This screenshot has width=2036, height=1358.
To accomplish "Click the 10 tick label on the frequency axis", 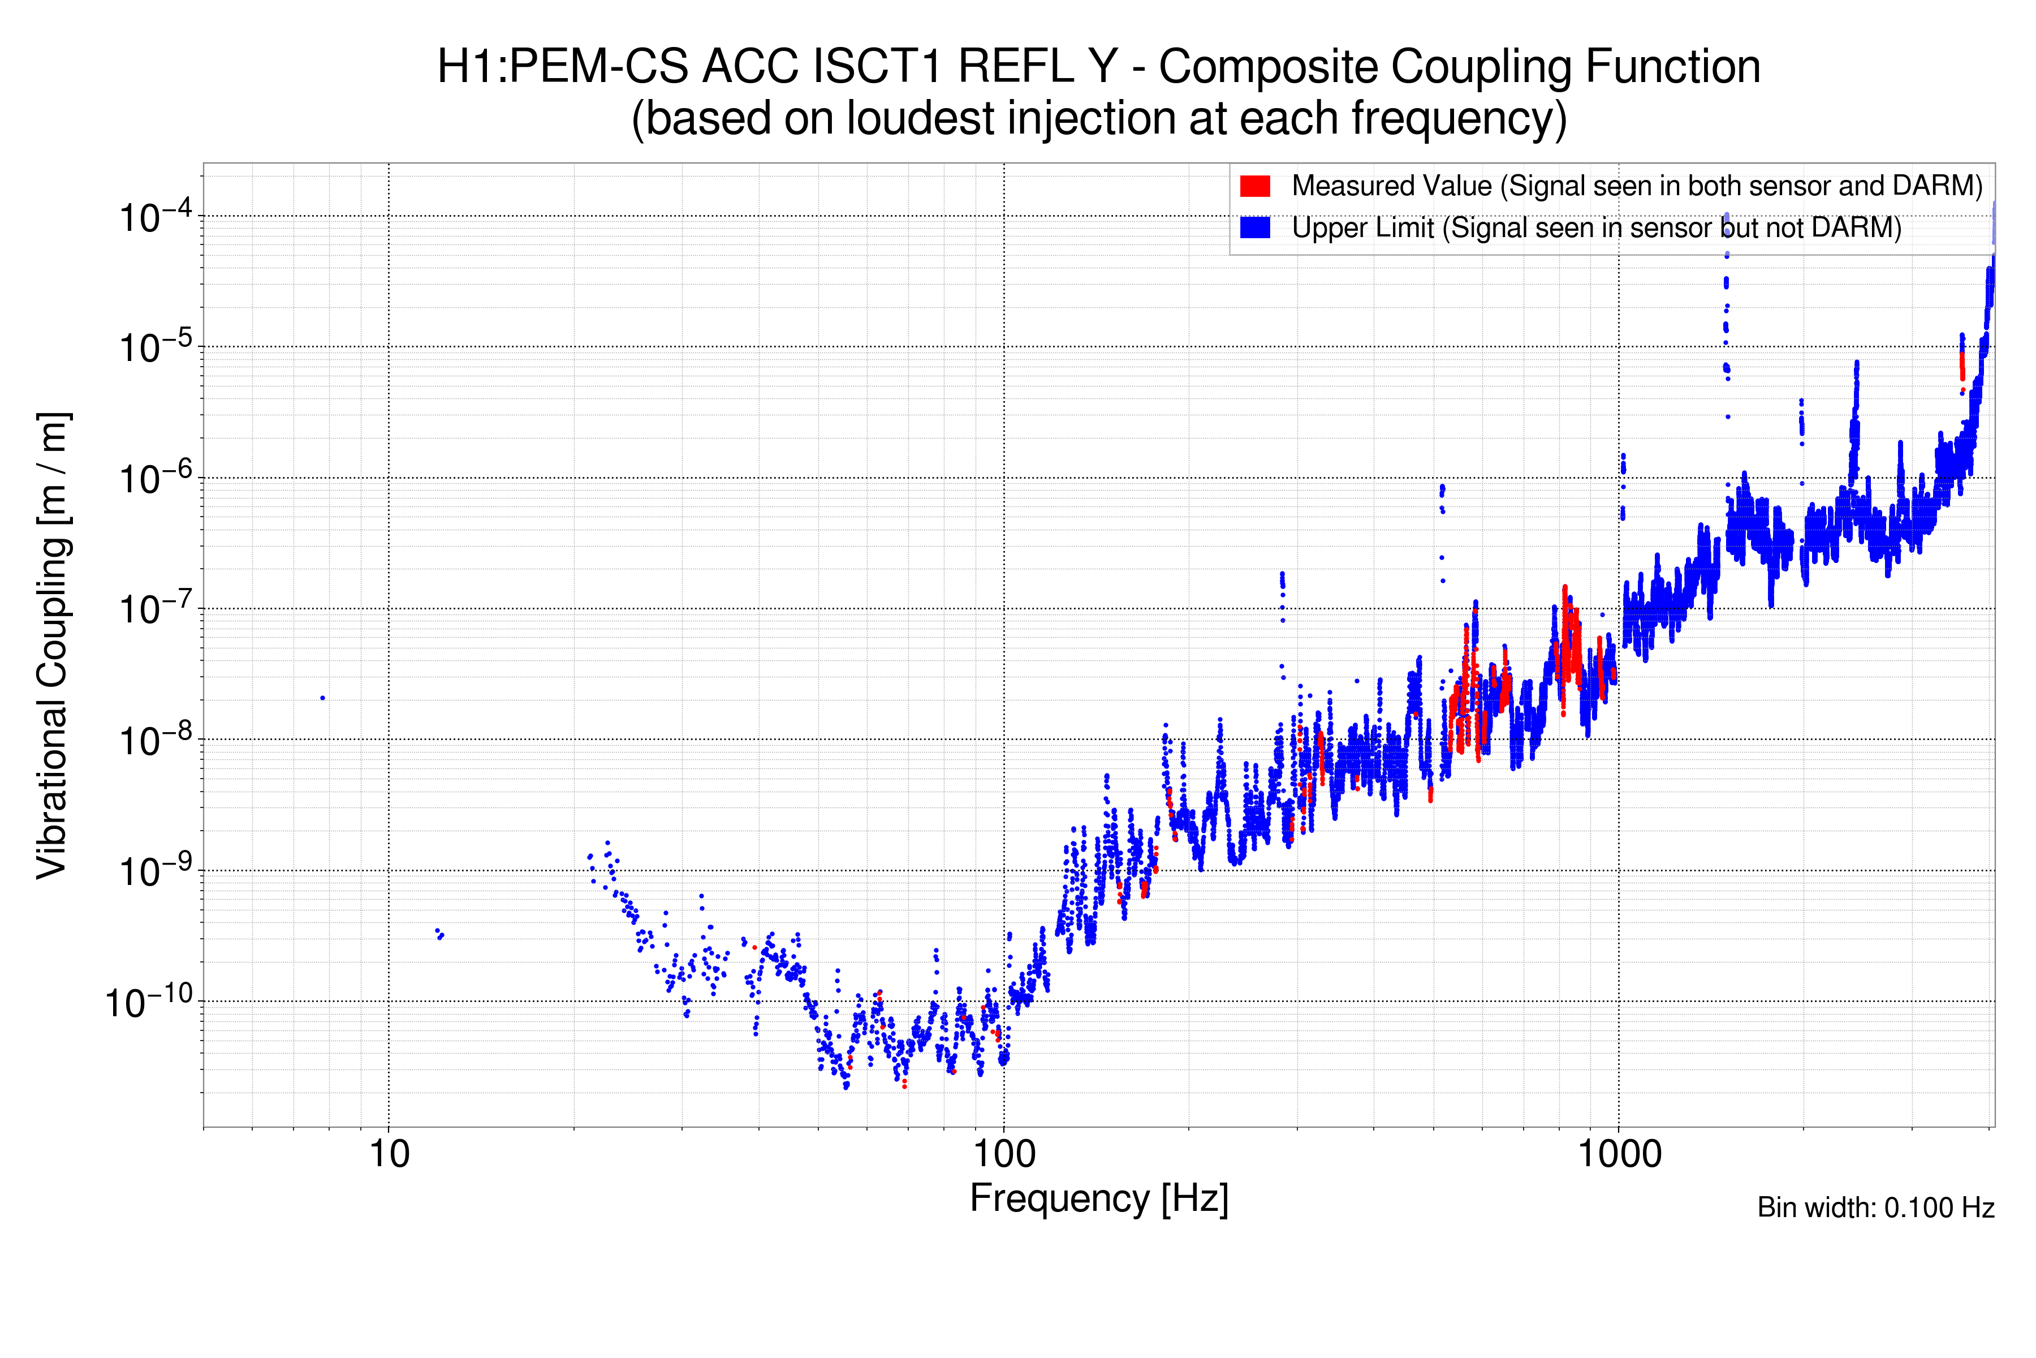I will pos(389,1154).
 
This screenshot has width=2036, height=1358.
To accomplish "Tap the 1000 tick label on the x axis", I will pos(1618,1154).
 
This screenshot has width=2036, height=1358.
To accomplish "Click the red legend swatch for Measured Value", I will pos(1254,186).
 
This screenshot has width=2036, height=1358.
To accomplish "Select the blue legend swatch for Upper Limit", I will pos(1254,228).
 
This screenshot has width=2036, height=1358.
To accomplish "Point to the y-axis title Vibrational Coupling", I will pos(52,645).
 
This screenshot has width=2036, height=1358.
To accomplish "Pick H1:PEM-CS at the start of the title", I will pos(563,67).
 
